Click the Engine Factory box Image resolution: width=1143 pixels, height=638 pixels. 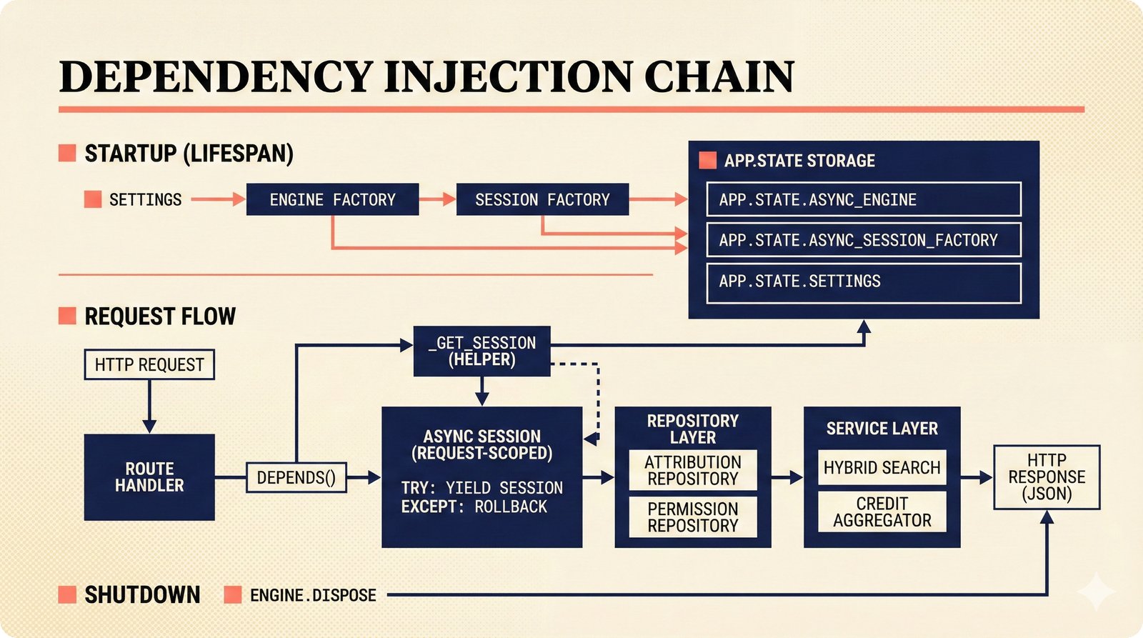(332, 199)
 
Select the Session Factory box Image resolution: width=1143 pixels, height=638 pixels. (542, 199)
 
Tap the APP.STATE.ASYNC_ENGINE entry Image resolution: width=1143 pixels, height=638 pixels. (863, 199)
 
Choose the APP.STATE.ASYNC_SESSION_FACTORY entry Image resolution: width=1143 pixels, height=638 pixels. (863, 240)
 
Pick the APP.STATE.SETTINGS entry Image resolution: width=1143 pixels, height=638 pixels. (863, 281)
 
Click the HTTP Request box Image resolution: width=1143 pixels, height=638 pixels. (149, 364)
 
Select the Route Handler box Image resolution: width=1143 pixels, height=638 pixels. (149, 477)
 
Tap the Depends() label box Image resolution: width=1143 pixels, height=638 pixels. (296, 477)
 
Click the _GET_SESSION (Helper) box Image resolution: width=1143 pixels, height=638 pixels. (481, 351)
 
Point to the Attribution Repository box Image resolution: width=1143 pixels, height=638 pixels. (692, 470)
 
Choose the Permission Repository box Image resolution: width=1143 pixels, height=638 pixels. (692, 517)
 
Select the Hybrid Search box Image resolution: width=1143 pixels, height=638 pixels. (882, 467)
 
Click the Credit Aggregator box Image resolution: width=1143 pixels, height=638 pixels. (882, 512)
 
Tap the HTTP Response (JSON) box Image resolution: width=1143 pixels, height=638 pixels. (1047, 477)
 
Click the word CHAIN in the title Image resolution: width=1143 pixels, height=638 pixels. (719, 76)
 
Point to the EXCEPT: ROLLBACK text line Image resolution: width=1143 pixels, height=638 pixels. (474, 507)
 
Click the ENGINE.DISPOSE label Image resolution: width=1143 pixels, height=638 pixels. (313, 595)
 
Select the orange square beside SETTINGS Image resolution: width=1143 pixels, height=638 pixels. (93, 199)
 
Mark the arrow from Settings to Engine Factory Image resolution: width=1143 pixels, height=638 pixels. (218, 199)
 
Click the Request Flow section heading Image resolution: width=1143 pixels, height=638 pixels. (160, 316)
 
